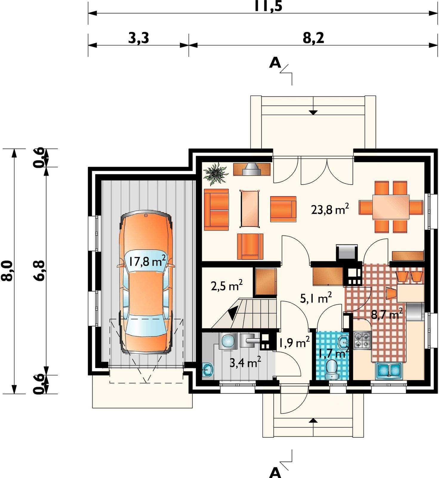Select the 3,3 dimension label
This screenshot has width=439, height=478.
pos(138,38)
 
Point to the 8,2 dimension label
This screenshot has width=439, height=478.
pos(313,38)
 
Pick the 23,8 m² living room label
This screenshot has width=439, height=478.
pos(330,209)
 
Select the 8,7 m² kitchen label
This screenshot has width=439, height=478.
pos(387,314)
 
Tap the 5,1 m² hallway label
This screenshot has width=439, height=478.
pos(316,298)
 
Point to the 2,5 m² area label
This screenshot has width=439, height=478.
pos(227,285)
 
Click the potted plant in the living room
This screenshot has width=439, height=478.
pos(215,174)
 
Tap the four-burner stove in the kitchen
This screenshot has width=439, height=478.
pos(362,341)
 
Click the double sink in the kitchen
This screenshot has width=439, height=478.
pos(388,370)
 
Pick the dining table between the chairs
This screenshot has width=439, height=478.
pos(391,207)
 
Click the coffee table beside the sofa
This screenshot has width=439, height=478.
pos(250,208)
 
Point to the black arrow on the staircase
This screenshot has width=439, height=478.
pos(233,313)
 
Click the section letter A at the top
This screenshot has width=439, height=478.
pos(275,62)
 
